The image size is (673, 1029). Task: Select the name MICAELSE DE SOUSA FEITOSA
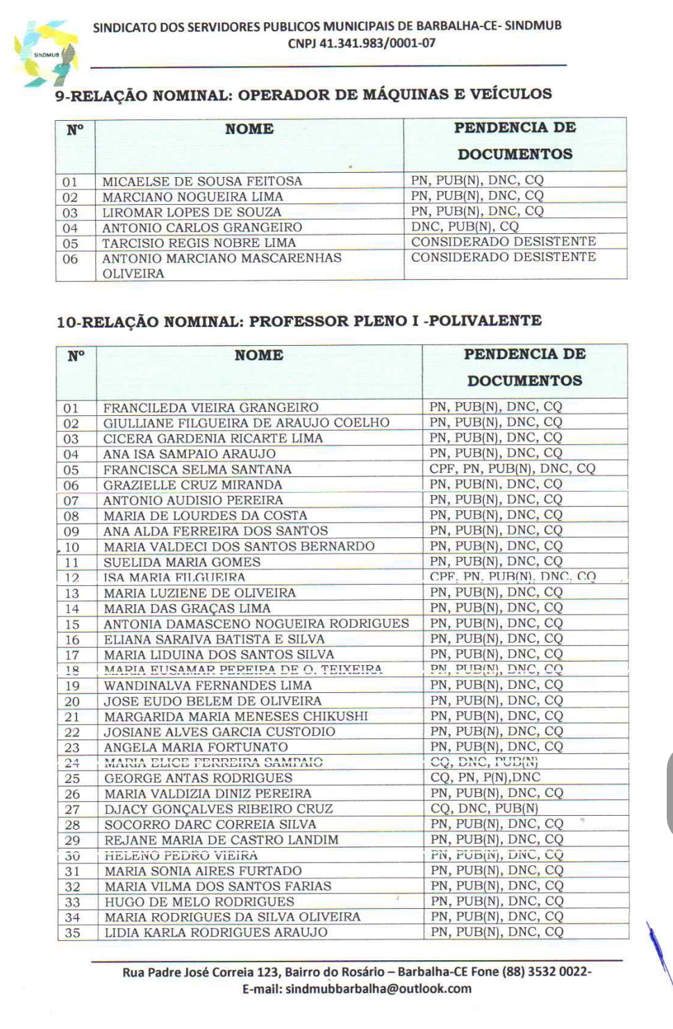pos(202,181)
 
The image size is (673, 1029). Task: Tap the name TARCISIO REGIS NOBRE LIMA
pos(199,243)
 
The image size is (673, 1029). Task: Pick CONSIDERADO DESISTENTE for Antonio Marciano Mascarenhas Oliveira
pos(504,257)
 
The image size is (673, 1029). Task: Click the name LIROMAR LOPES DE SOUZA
pos(192,212)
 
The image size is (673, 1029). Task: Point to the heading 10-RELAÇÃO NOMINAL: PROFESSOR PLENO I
pos(299,321)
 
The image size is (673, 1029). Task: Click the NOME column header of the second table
pos(258,355)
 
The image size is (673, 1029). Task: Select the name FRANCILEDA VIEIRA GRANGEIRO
pos(211,408)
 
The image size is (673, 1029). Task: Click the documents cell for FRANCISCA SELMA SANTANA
pos(513,469)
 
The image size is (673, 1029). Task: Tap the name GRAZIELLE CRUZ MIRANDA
pos(193,485)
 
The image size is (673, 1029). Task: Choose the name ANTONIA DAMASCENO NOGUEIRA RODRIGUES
pos(256,624)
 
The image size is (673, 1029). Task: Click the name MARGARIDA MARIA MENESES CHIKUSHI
pos(236,716)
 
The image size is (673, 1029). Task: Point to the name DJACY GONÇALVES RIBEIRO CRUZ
pos(219,809)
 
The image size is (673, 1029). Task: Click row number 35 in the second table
pos(72,933)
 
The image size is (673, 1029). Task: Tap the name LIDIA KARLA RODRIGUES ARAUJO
pos(216,932)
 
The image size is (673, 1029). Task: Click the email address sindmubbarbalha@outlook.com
pos(379,989)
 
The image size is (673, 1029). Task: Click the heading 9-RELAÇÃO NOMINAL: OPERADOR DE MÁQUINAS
pos(304,94)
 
